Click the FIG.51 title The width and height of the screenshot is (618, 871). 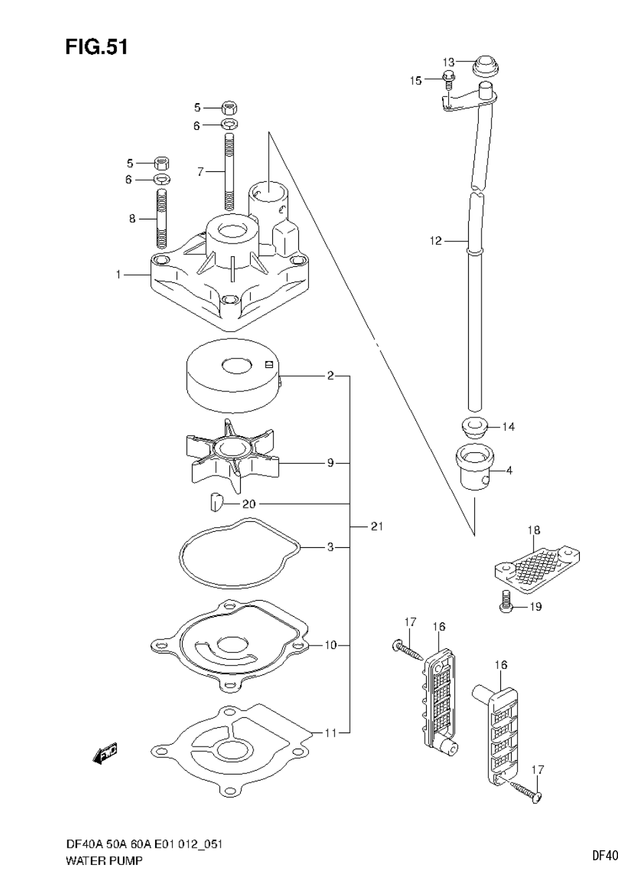tap(96, 47)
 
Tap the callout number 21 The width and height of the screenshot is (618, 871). tap(377, 527)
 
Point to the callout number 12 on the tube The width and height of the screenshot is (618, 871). tap(436, 241)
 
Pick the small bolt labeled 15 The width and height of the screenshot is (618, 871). tap(449, 80)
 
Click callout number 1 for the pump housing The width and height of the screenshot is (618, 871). tap(118, 274)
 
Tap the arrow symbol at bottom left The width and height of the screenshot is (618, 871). tap(106, 755)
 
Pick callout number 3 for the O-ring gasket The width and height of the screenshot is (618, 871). tap(330, 548)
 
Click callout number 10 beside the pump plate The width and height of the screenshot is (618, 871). tap(330, 646)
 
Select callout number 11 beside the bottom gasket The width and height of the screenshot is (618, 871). tap(330, 733)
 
